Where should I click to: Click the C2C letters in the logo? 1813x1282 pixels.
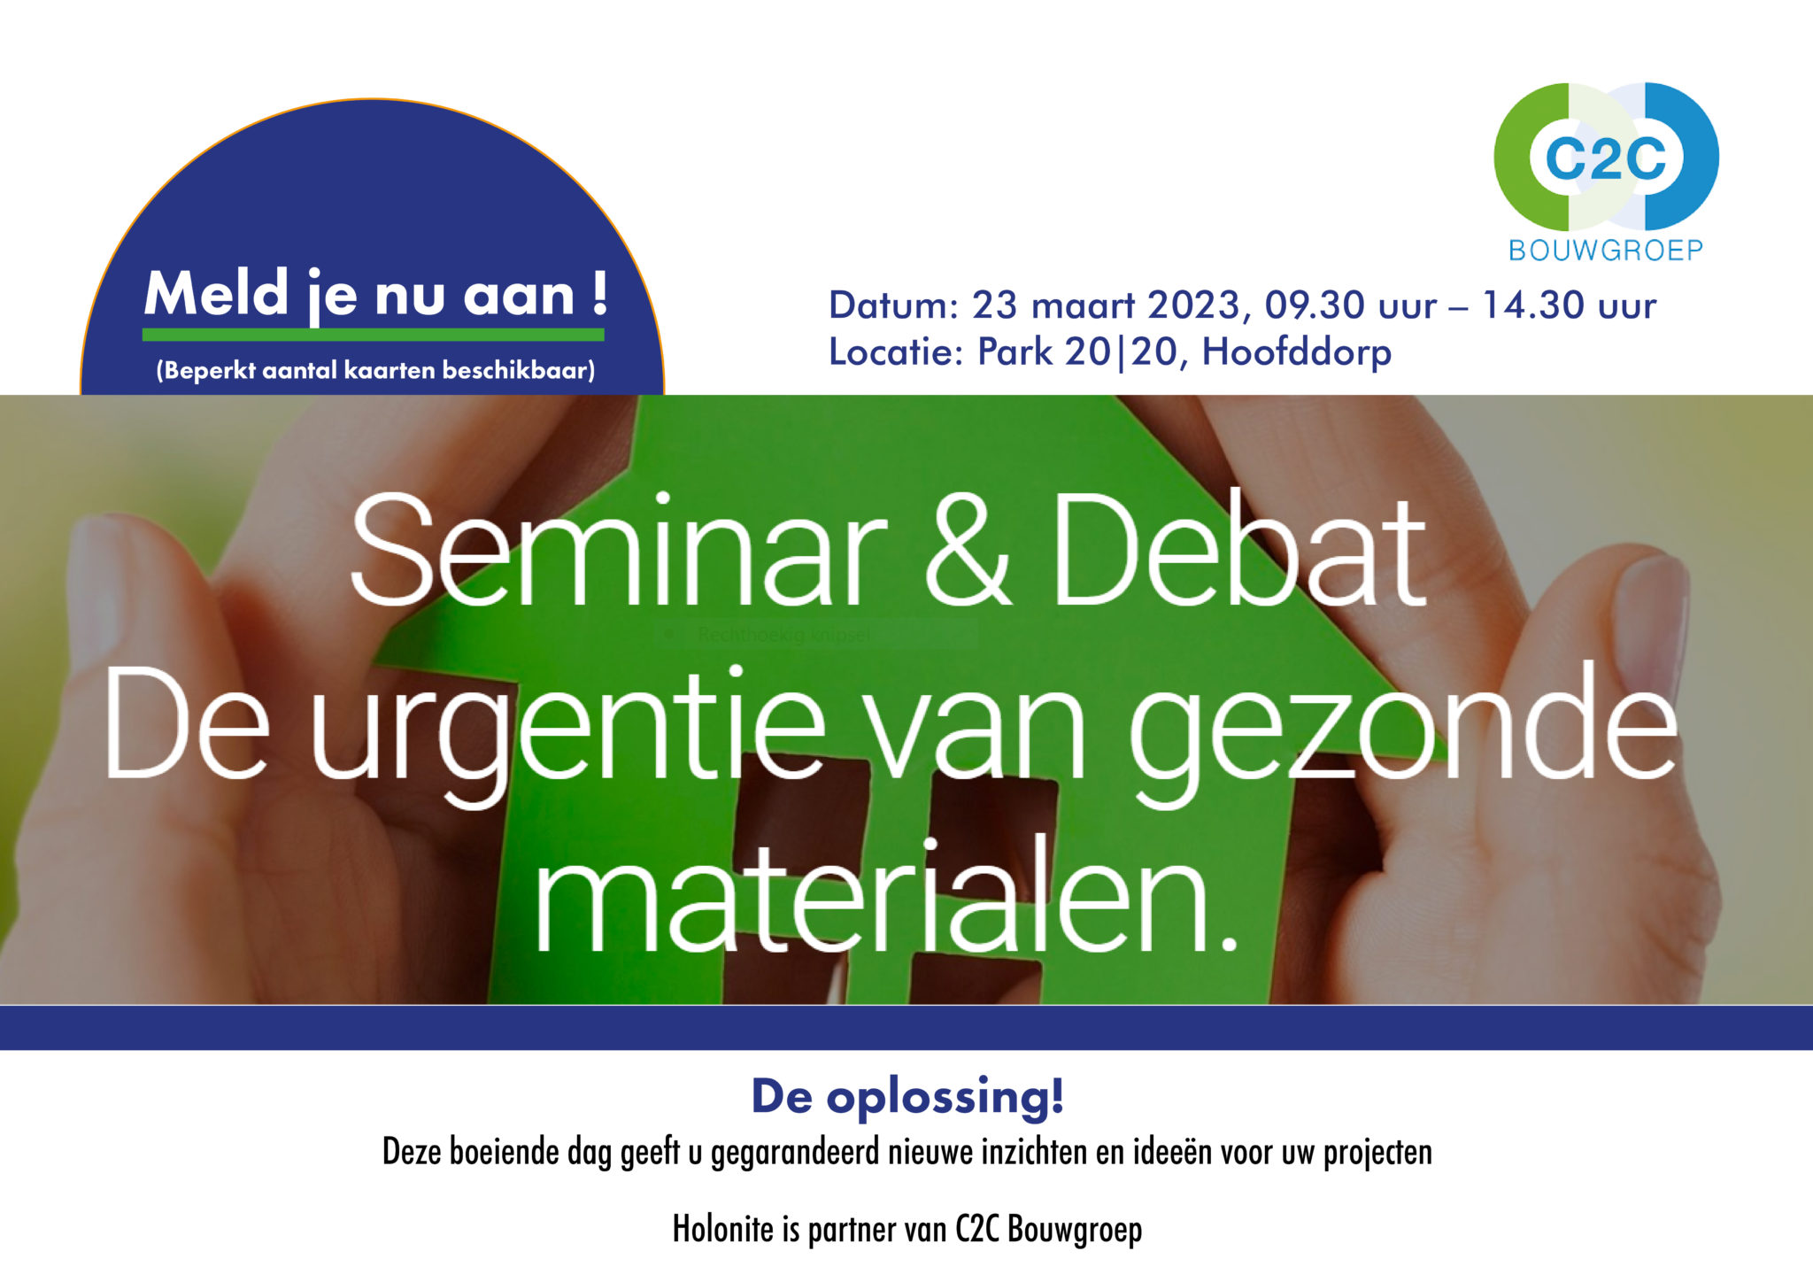(1606, 159)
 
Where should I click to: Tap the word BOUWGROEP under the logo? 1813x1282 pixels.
(1606, 251)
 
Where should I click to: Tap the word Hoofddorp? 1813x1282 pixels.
(1297, 352)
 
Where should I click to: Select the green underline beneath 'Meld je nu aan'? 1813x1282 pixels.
(374, 335)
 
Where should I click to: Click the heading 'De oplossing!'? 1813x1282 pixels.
(907, 1096)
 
